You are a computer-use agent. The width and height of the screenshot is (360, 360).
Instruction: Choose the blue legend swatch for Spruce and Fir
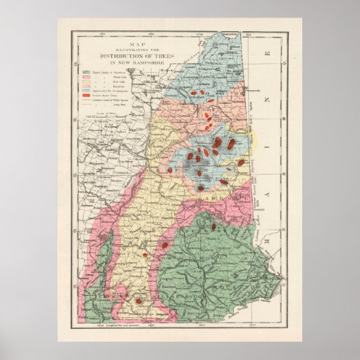[x=87, y=90]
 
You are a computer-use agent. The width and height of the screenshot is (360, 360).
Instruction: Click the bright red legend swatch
[x=87, y=94]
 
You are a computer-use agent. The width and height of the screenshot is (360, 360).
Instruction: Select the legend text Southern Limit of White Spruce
[x=115, y=100]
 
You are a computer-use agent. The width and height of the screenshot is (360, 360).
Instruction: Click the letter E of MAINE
[x=269, y=52]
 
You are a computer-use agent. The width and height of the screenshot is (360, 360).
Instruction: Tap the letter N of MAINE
[x=268, y=100]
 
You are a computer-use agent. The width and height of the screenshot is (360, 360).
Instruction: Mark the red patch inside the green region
[x=213, y=226]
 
